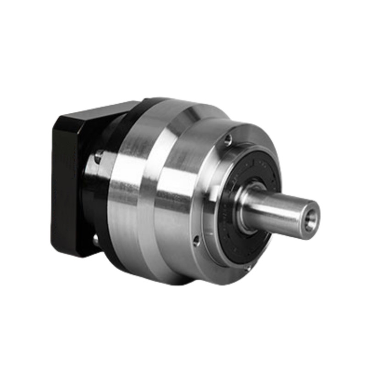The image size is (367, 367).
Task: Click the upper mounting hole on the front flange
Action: click(x=228, y=140)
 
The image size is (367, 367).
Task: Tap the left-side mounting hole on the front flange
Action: click(x=196, y=241)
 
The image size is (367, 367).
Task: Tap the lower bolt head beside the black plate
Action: click(x=95, y=239)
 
